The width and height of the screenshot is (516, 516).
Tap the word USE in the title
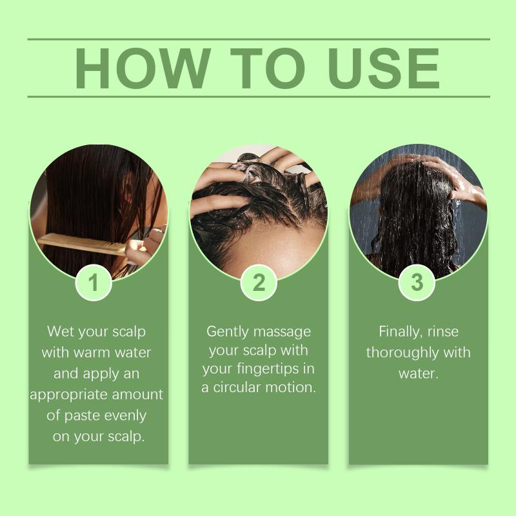click(384, 68)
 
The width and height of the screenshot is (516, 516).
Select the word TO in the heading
click(268, 68)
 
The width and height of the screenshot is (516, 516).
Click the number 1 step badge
click(94, 283)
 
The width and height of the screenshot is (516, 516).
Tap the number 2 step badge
click(259, 283)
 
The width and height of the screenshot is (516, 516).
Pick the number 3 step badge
click(417, 283)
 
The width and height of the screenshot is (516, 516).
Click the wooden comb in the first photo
click(83, 244)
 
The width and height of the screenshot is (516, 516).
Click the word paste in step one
click(81, 416)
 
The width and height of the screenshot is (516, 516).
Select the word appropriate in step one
click(69, 395)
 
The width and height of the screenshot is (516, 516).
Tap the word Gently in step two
click(228, 332)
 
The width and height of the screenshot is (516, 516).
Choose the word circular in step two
click(237, 388)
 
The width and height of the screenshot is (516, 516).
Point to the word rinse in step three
click(443, 332)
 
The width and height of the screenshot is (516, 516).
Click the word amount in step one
click(137, 395)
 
